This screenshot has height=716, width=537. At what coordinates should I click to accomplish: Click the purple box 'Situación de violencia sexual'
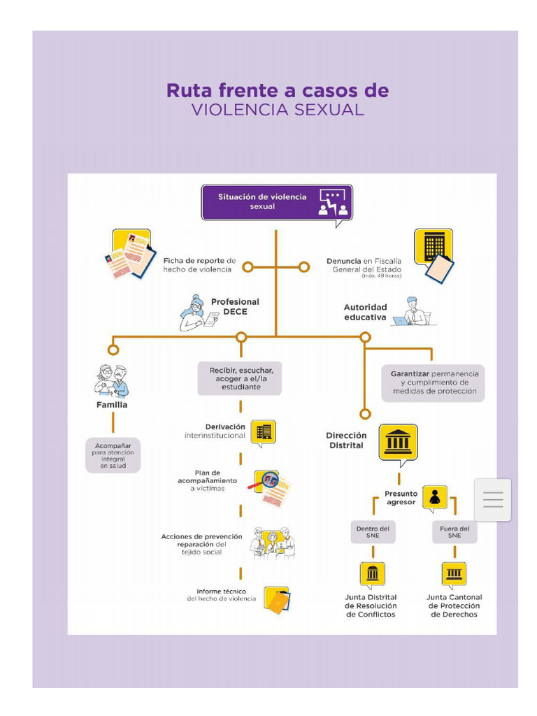[x=276, y=202]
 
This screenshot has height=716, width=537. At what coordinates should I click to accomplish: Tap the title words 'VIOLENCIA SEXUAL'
[x=278, y=110]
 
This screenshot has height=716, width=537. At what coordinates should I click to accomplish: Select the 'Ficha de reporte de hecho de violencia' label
[x=199, y=265]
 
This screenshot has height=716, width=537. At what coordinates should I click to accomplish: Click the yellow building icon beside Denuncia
[x=433, y=246]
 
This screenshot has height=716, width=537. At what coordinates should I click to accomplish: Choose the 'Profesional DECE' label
[x=234, y=307]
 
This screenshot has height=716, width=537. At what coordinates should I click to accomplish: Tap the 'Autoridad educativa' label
[x=365, y=312]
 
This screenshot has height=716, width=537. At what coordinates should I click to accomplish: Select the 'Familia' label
[x=112, y=405]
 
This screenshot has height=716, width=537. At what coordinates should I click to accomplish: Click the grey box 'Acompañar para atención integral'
[x=113, y=454]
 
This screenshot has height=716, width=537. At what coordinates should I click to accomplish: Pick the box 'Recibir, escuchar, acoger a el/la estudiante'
[x=240, y=378]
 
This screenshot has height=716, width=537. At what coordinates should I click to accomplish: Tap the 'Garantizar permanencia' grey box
[x=434, y=382]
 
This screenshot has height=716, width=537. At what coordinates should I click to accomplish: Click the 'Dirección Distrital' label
[x=346, y=440]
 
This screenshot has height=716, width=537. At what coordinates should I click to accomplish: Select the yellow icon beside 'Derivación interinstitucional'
[x=263, y=432]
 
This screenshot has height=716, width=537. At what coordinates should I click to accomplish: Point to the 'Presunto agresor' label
[x=400, y=498]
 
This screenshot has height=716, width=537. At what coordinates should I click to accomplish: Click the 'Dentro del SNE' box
[x=373, y=532]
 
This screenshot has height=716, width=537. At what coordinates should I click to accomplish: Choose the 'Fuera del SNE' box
[x=454, y=532]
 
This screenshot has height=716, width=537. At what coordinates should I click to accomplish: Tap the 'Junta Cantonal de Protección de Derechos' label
[x=454, y=606]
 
